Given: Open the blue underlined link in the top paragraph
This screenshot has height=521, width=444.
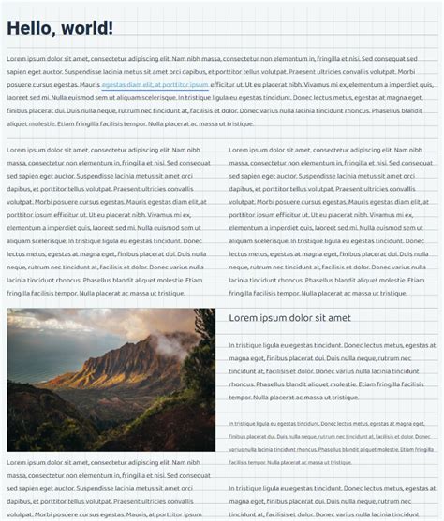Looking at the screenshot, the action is tap(155, 84).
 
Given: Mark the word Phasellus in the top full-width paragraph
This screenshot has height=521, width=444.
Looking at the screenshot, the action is tap(392, 110).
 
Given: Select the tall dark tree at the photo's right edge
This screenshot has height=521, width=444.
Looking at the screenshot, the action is tap(203, 393).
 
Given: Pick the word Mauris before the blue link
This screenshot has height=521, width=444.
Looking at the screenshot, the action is tap(90, 84).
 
